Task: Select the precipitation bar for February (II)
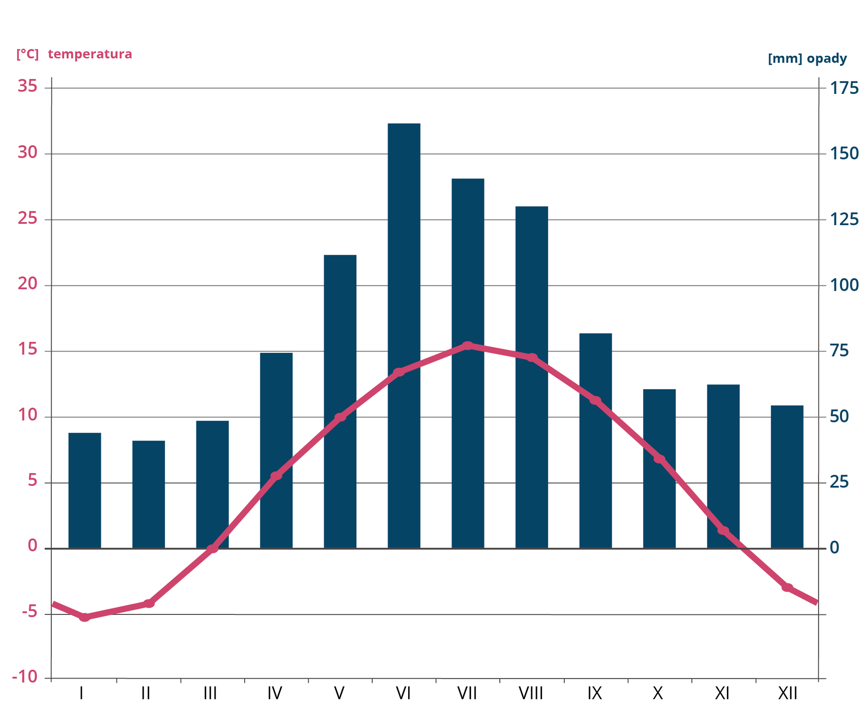tap(149, 494)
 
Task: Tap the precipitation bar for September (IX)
tap(595, 440)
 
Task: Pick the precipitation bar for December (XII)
tap(787, 476)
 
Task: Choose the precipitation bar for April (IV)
tap(276, 449)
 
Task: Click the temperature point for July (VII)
tap(468, 346)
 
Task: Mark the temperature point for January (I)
tap(84, 618)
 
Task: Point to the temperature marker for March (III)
tap(212, 548)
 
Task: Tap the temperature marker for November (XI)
tap(723, 531)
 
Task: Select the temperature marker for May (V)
tap(340, 417)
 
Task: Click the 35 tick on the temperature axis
tap(27, 86)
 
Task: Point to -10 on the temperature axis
tap(25, 677)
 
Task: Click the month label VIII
tap(531, 693)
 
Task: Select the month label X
tap(658, 693)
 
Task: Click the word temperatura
tap(90, 54)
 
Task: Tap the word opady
tap(827, 58)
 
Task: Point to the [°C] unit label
tap(27, 54)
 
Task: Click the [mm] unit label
tap(785, 58)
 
